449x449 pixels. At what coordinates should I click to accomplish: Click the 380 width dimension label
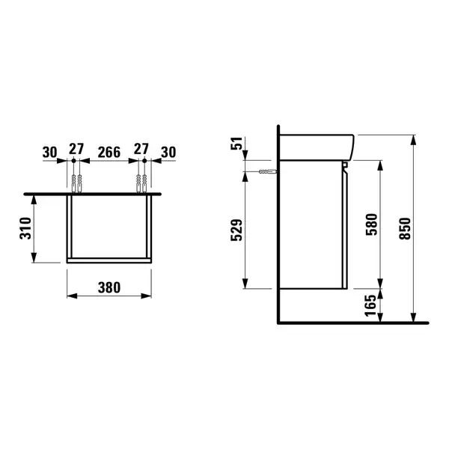(109, 287)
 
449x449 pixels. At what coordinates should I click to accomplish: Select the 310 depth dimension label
(25, 228)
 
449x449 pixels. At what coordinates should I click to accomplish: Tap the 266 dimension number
(109, 153)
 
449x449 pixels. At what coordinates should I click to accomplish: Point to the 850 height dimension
(405, 228)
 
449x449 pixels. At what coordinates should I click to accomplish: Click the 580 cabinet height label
(372, 224)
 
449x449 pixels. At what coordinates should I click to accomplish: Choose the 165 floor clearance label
(370, 305)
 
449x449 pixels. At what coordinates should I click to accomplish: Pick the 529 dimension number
(236, 230)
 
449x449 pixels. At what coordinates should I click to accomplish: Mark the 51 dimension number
(236, 143)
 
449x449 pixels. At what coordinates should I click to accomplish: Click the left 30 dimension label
(50, 153)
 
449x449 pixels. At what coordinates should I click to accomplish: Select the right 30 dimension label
(168, 153)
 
